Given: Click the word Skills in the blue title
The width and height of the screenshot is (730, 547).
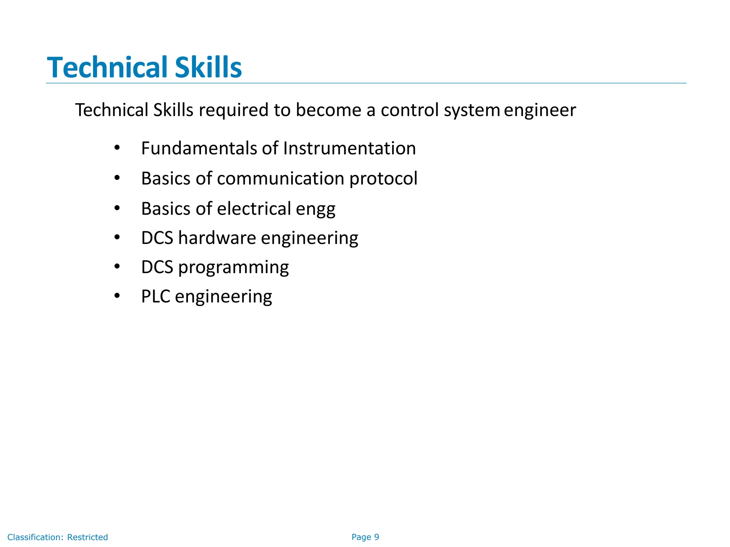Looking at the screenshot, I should tap(208, 67).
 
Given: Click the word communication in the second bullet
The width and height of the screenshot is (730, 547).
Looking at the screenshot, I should tap(280, 178).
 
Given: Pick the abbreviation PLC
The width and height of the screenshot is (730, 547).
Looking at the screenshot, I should tap(155, 297).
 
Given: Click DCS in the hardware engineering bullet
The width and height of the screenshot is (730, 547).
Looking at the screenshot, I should tap(157, 238).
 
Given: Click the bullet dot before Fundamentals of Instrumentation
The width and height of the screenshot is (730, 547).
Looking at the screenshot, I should tap(117, 147).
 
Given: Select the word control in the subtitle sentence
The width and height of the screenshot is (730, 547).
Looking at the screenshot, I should tap(410, 110).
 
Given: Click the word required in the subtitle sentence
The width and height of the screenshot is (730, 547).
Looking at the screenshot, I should tap(233, 110).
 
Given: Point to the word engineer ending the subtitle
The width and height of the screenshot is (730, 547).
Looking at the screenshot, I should tap(540, 110).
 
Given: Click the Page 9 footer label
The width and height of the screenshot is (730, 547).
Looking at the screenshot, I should tap(365, 537).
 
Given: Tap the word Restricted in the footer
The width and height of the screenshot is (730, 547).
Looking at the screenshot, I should tap(87, 537).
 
